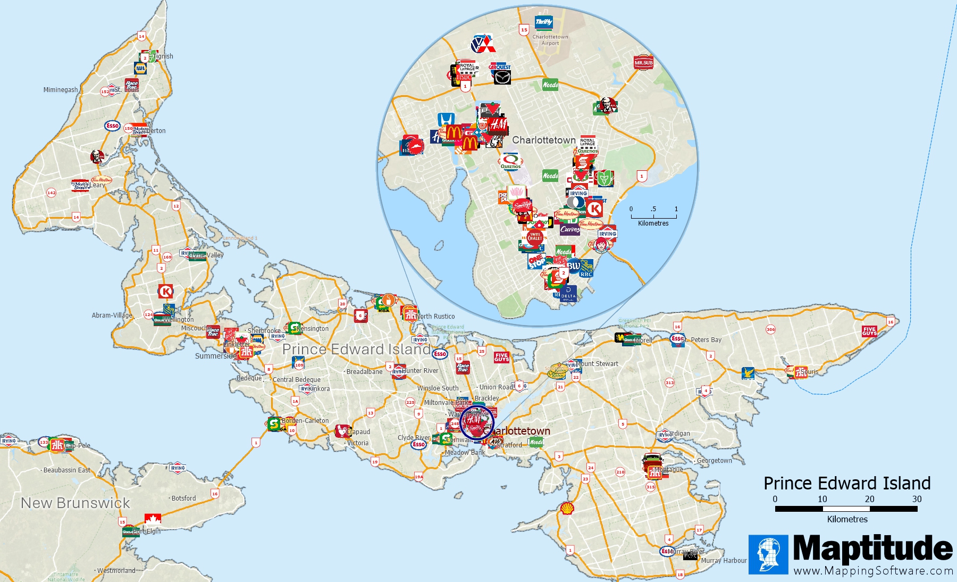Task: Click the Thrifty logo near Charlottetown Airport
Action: (x=544, y=22)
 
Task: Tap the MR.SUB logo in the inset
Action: (x=643, y=63)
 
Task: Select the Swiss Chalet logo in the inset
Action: (x=535, y=237)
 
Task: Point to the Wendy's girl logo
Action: (x=601, y=245)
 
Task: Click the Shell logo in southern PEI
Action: (x=568, y=509)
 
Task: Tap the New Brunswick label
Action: (x=75, y=503)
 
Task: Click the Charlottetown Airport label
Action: (x=550, y=40)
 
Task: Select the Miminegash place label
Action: (x=61, y=90)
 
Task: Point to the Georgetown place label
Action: (x=714, y=461)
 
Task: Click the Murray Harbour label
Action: (x=724, y=560)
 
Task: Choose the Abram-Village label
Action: (x=112, y=315)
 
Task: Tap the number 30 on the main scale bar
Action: (x=917, y=499)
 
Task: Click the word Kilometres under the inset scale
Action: (x=653, y=223)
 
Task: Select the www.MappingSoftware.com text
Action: (x=873, y=571)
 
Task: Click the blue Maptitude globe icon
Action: (x=768, y=554)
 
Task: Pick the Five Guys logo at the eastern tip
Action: (x=869, y=331)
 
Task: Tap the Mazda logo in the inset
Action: (x=502, y=78)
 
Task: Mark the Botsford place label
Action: (x=183, y=498)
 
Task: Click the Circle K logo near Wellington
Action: (x=166, y=292)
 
